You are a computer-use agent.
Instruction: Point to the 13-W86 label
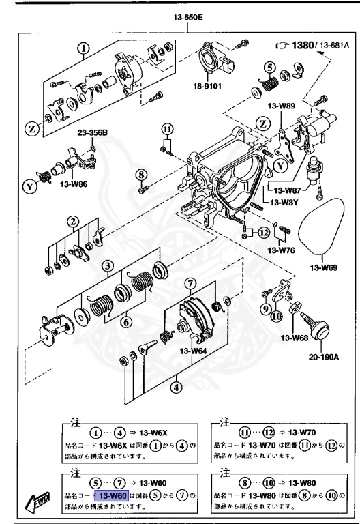point(73,184)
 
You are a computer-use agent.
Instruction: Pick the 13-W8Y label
point(284,203)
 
